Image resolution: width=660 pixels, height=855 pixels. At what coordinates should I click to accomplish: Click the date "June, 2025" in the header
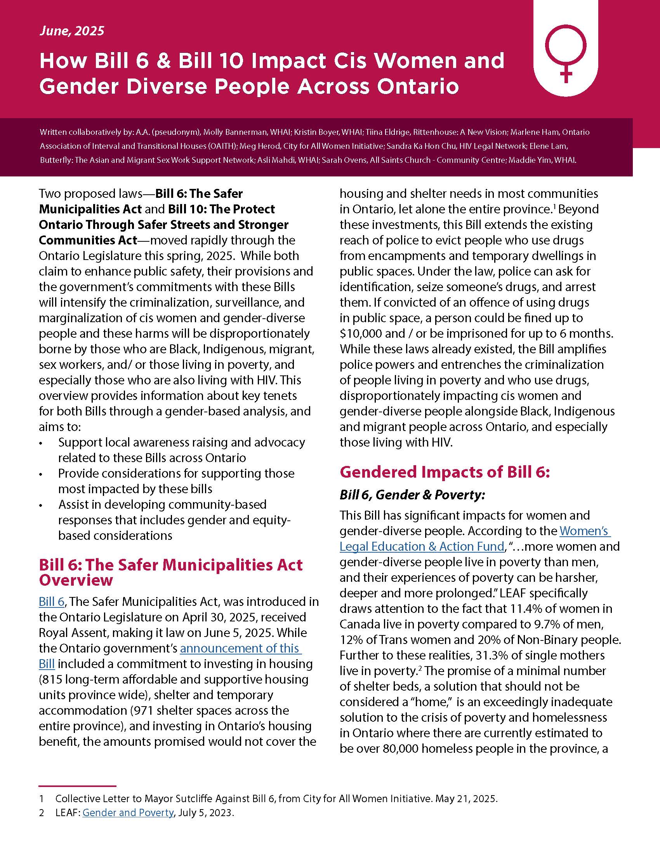[x=71, y=31]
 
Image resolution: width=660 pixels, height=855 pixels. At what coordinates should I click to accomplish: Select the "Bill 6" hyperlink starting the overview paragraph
[x=51, y=602]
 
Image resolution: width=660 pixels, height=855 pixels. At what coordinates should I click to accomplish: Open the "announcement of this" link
[x=240, y=648]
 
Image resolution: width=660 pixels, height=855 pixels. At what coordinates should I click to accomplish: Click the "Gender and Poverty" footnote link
[x=128, y=813]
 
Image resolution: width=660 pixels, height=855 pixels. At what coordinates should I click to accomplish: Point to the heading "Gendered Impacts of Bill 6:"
[x=445, y=472]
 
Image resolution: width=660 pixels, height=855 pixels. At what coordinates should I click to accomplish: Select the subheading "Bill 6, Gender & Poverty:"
[x=412, y=495]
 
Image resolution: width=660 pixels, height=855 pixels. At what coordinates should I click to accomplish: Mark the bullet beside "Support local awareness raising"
[x=42, y=443]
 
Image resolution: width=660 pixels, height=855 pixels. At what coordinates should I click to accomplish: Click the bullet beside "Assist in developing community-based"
[x=42, y=505]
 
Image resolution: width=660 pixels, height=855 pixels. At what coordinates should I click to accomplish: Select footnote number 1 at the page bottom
[x=42, y=799]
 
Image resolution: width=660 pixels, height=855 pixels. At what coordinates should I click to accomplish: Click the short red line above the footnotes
[x=77, y=786]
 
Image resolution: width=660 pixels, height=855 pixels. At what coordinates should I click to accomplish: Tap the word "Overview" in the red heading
[x=76, y=580]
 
